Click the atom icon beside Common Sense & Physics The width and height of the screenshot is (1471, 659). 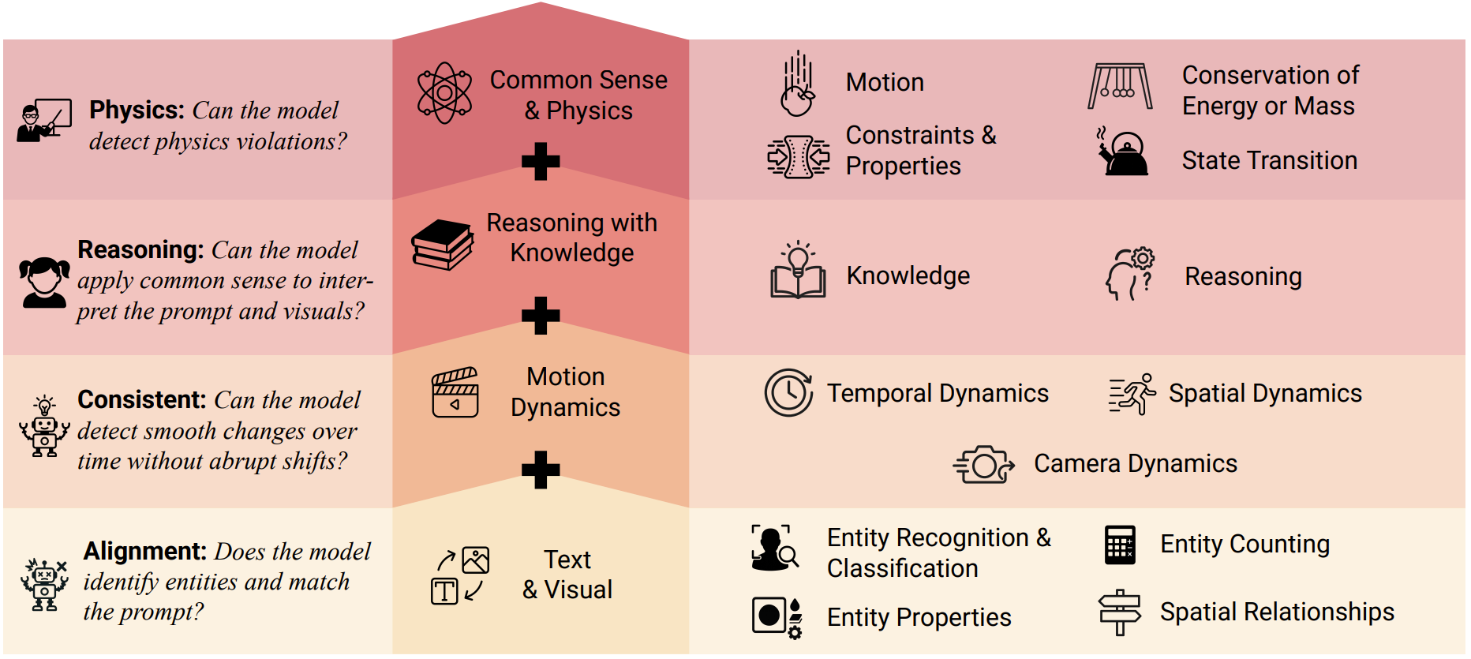tap(444, 93)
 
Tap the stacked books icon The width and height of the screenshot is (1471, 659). tap(442, 245)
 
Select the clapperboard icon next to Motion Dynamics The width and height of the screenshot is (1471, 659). tap(455, 392)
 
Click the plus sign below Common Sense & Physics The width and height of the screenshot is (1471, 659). tap(541, 162)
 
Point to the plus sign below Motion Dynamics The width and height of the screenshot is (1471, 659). tap(541, 470)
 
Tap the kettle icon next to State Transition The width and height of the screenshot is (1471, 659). tap(1122, 153)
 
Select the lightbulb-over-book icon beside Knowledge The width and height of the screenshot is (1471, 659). tap(798, 271)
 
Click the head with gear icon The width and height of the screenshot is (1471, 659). tap(1130, 274)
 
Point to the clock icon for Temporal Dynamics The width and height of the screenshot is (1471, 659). tap(788, 392)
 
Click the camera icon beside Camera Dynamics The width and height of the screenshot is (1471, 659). tap(983, 464)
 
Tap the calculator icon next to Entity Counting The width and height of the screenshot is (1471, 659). tap(1120, 545)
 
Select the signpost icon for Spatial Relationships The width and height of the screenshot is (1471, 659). tap(1119, 612)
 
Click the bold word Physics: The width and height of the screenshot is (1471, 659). tap(137, 110)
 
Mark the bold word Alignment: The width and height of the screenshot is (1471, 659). tap(144, 551)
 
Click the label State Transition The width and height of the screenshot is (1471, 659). tap(1269, 160)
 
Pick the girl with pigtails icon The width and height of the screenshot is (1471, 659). tap(43, 282)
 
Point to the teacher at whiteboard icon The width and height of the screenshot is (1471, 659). tap(44, 120)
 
